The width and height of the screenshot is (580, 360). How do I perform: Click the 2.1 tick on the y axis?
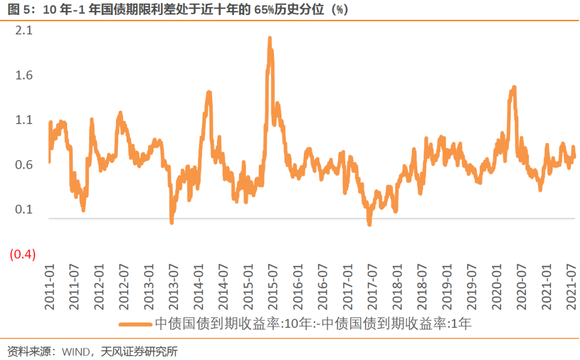point(25,31)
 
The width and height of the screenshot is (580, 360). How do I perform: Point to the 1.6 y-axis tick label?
point(25,75)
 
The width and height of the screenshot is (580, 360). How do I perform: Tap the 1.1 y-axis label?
point(25,120)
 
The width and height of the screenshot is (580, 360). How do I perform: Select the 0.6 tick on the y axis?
point(25,165)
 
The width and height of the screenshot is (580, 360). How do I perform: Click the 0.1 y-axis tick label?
point(25,210)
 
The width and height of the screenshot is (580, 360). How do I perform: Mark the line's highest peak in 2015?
point(270,38)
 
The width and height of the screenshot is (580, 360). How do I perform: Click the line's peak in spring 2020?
point(513,87)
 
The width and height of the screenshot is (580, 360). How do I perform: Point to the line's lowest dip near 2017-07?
point(369,224)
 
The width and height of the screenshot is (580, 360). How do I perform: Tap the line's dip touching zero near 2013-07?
point(172,221)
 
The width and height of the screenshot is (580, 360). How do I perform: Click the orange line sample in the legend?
point(135,324)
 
